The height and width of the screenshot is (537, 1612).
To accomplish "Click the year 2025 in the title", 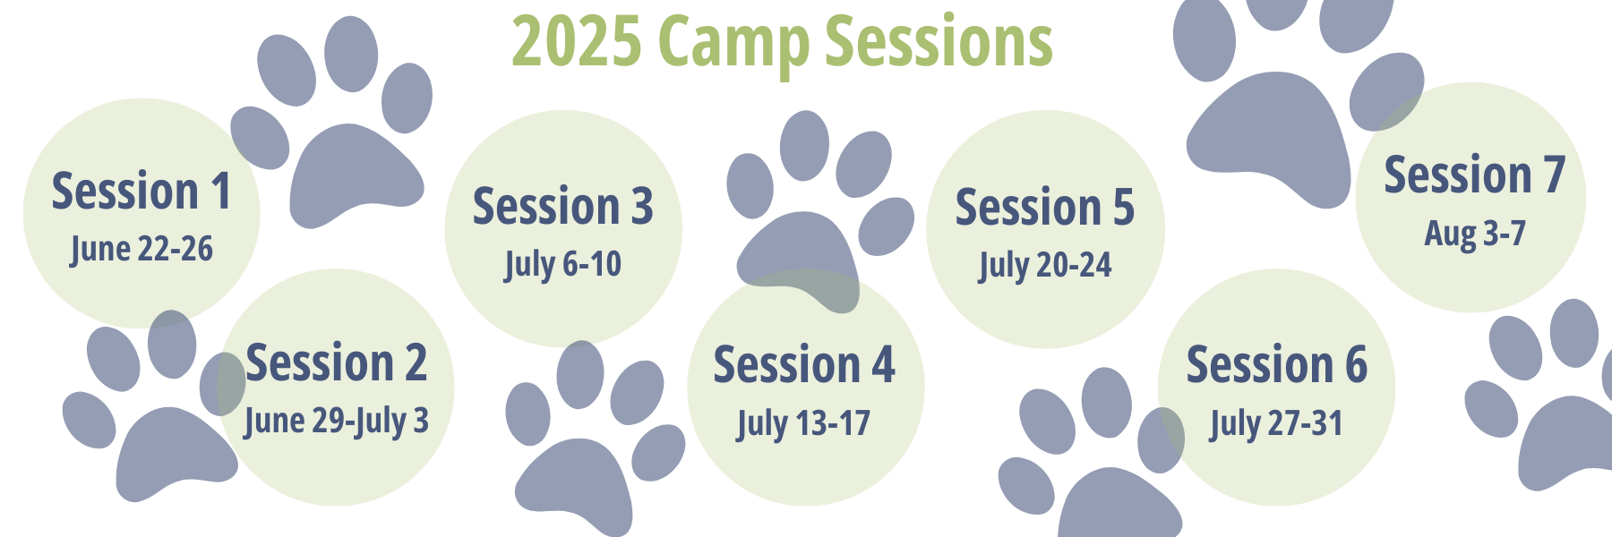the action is [x=577, y=42].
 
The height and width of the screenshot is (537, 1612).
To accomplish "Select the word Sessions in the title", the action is [x=939, y=42].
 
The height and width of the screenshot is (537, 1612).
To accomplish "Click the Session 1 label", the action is [x=141, y=192].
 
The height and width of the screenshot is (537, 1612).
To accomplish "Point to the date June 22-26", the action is [x=141, y=250].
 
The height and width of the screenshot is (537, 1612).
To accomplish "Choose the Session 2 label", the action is [x=336, y=363].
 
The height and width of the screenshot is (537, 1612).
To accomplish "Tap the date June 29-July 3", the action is [x=336, y=422].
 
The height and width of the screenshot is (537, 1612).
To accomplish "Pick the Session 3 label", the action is [x=563, y=207].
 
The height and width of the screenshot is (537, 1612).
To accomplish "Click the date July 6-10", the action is [x=563, y=265].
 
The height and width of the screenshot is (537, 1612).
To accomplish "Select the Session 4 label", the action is [x=804, y=365].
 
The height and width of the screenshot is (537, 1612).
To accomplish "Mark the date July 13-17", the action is [x=804, y=423].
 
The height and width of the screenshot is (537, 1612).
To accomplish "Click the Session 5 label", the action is [x=1045, y=208].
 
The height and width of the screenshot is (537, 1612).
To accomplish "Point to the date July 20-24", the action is [x=1045, y=266].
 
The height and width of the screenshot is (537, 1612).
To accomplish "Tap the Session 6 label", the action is [x=1277, y=365].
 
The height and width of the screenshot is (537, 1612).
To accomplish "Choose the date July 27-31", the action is [x=1277, y=423].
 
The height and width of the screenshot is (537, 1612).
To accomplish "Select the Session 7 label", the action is [x=1475, y=175].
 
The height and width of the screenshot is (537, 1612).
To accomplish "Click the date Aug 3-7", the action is [x=1475, y=234].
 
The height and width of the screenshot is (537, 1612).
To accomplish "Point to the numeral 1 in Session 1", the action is [x=222, y=192].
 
